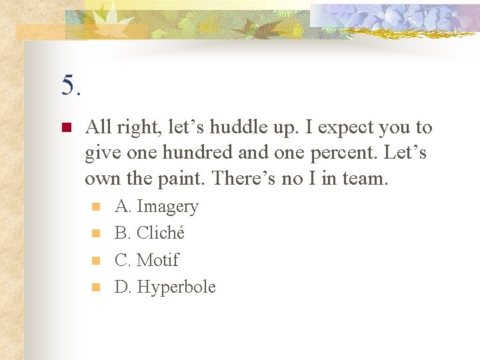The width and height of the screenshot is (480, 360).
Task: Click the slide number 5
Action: coord(71,86)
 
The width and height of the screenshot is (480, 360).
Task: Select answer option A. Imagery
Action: coord(157,207)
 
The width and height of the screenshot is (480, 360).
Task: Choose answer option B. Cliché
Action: coord(149,233)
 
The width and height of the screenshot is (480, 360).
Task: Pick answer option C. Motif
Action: coord(147,260)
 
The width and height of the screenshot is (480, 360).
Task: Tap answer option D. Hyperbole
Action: coord(165,287)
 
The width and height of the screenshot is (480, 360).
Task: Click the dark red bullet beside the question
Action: coord(65,127)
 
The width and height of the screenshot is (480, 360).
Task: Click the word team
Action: coord(361,178)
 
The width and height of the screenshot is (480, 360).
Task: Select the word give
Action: coord(99,153)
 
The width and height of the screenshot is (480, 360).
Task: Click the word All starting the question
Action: coord(98,127)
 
